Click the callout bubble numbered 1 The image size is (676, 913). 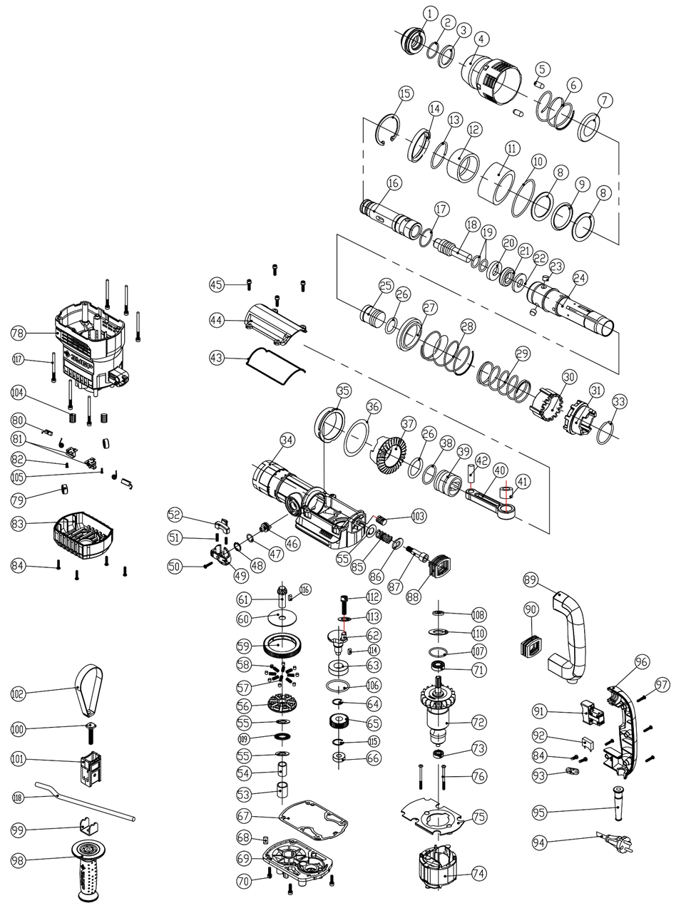pyautogui.click(x=429, y=13)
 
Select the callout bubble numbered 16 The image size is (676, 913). pyautogui.click(x=394, y=183)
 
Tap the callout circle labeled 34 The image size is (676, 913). pyautogui.click(x=287, y=440)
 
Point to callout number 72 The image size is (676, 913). pyautogui.click(x=479, y=723)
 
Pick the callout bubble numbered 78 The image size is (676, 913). pyautogui.click(x=19, y=333)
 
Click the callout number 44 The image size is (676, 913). pyautogui.click(x=217, y=321)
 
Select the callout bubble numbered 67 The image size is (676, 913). pyautogui.click(x=244, y=815)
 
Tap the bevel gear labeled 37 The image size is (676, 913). pyautogui.click(x=391, y=455)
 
